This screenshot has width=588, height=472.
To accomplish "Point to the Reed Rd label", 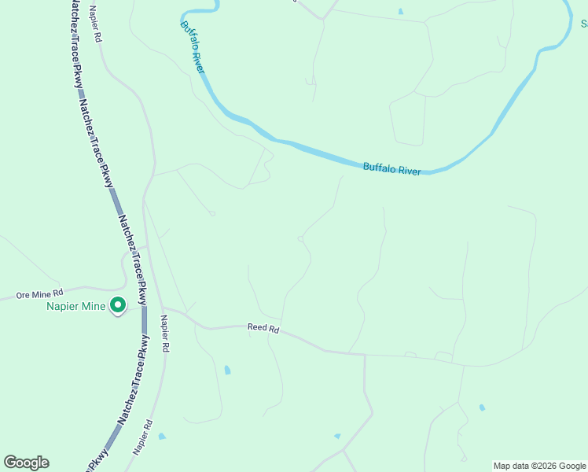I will (x=263, y=328).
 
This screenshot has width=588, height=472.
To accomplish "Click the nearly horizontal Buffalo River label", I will (x=391, y=168).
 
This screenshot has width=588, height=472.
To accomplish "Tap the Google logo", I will (x=26, y=463).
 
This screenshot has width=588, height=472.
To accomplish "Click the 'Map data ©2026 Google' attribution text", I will (x=539, y=466).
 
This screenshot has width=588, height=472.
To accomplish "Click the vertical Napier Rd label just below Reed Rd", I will (x=164, y=334).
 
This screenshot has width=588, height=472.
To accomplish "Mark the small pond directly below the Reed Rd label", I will (x=227, y=369).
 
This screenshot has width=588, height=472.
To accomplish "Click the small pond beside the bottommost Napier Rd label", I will (x=162, y=436).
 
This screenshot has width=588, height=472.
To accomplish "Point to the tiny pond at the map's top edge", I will (x=400, y=11).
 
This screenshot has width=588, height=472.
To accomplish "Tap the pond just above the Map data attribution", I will (x=482, y=407).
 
